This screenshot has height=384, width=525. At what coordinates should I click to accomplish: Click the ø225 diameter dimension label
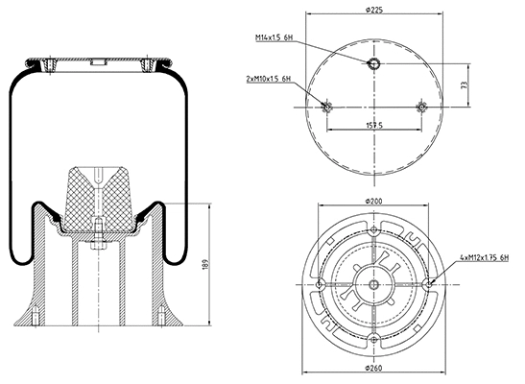[x=374, y=10]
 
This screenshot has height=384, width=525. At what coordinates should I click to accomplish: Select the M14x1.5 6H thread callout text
[x=275, y=37]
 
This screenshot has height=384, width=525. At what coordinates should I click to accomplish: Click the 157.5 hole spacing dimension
[x=374, y=125]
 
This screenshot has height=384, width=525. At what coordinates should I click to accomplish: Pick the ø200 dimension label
[x=374, y=201]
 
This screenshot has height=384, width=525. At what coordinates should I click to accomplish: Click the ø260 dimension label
[x=374, y=370]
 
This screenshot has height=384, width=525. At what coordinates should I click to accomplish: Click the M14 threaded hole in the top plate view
[x=374, y=63]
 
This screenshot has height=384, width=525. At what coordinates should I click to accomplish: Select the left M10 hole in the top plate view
[x=328, y=107]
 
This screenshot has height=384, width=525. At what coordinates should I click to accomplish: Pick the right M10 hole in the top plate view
[x=420, y=107]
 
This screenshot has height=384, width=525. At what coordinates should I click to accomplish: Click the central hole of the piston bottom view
[x=374, y=284]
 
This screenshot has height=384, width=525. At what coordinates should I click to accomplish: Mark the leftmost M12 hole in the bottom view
[x=319, y=284]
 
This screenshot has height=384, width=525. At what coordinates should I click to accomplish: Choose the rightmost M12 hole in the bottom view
[x=430, y=284]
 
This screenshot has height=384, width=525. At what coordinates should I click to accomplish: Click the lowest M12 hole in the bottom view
[x=374, y=340]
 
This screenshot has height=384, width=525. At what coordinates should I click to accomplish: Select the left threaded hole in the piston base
[x=35, y=316]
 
